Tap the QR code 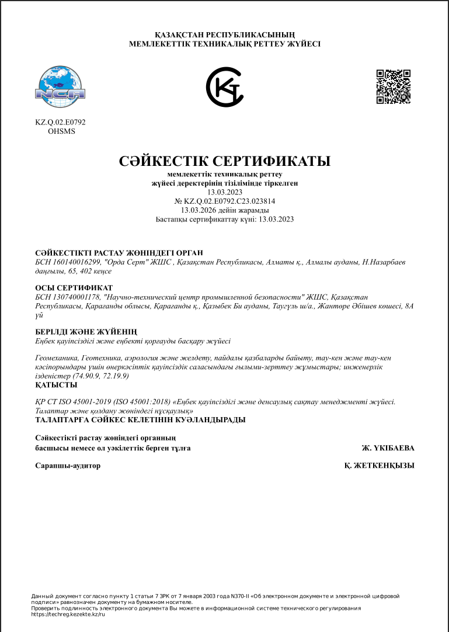point(393,86)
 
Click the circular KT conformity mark point(224,87)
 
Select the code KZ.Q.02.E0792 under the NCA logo point(60,123)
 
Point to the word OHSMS point(61,131)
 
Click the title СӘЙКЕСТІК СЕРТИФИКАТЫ point(224,161)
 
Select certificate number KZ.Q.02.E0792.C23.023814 point(229,201)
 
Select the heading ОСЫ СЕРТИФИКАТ point(74,288)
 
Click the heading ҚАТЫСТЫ point(57,385)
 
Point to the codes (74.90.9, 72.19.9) point(98,377)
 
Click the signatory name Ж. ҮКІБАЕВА point(388,449)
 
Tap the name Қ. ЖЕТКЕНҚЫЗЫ point(380,466)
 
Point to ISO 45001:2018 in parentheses point(132,402)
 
